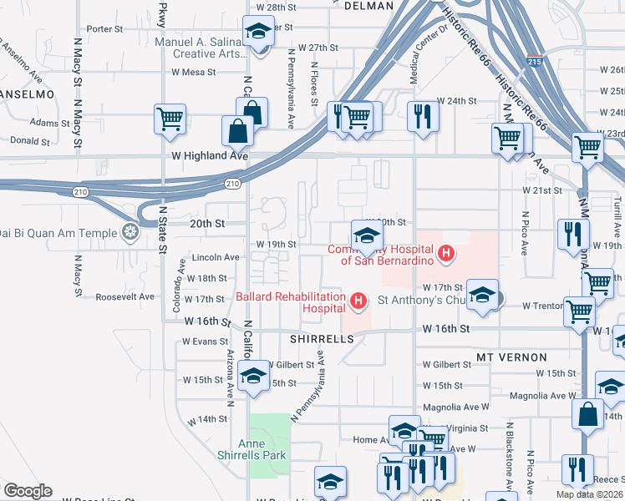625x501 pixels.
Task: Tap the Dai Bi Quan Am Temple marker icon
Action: [130, 231]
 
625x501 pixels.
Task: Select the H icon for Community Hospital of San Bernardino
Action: [446, 253]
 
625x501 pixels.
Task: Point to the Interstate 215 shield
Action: [536, 61]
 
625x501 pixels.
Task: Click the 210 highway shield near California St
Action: [232, 183]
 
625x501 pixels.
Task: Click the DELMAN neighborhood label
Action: [368, 6]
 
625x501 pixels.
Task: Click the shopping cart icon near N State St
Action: [170, 119]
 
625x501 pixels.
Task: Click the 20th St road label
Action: [207, 224]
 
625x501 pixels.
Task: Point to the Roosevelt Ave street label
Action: [125, 296]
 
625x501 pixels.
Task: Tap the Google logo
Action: [27, 491]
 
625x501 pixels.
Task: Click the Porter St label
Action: [104, 28]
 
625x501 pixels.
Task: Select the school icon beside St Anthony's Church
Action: [482, 295]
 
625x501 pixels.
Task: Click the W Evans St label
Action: [206, 342]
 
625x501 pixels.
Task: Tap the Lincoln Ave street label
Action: [216, 257]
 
